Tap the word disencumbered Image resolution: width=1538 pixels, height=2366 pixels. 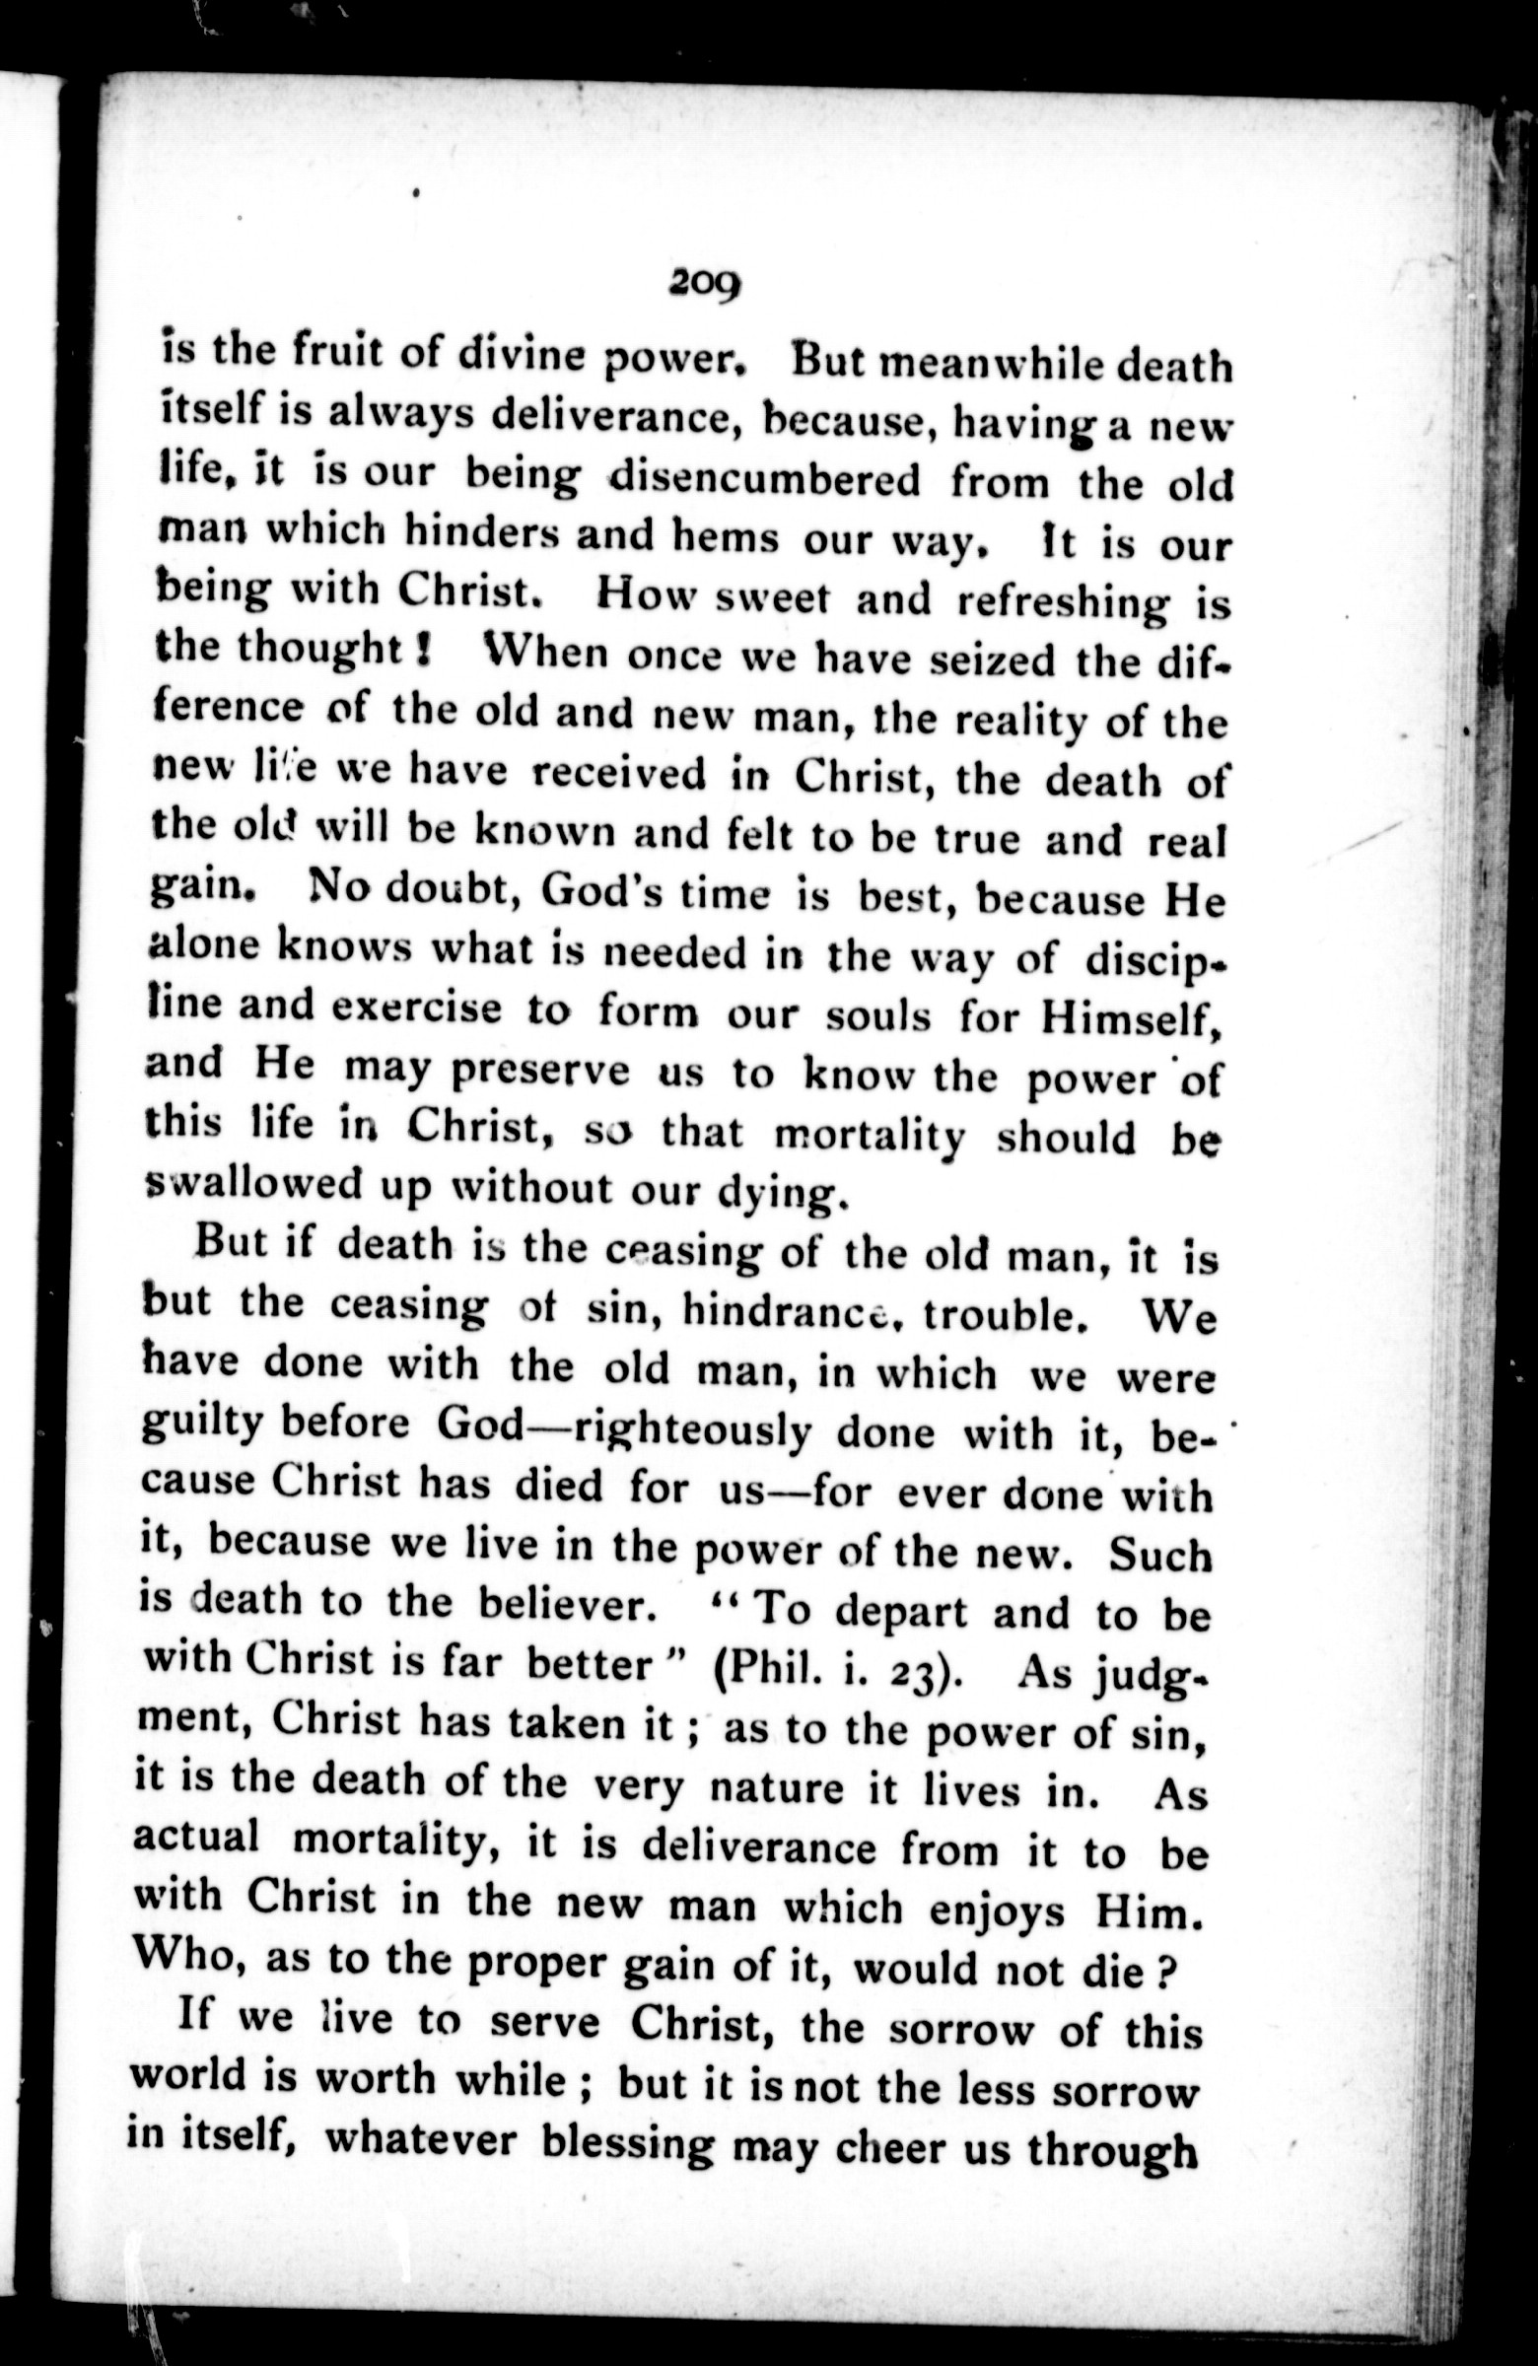[x=764, y=480]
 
